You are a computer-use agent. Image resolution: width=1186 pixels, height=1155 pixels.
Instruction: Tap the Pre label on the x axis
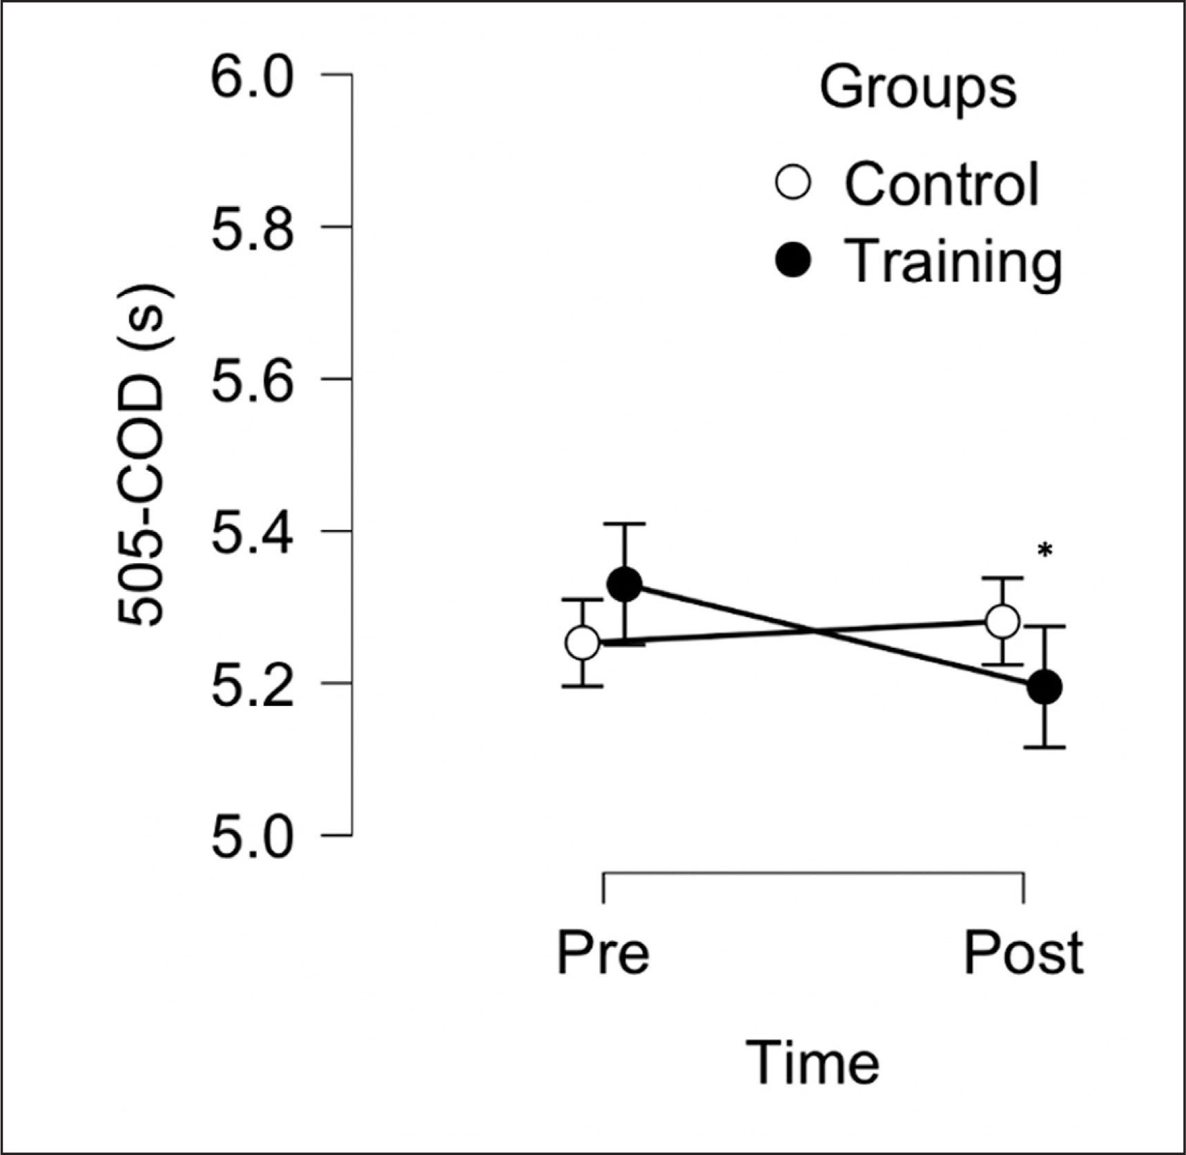pyautogui.click(x=603, y=953)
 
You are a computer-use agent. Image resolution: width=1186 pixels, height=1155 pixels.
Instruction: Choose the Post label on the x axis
pyautogui.click(x=1023, y=953)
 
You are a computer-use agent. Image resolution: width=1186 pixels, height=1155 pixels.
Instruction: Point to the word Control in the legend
pyautogui.click(x=942, y=184)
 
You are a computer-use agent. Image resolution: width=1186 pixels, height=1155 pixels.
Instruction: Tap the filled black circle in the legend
pyautogui.click(x=793, y=261)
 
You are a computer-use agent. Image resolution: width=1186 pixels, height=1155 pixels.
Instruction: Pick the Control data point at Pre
pyautogui.click(x=583, y=643)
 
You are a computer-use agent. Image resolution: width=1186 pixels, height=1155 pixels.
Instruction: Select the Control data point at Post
pyautogui.click(x=1002, y=622)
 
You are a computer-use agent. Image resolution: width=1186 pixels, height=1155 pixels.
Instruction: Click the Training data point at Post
pyautogui.click(x=1044, y=687)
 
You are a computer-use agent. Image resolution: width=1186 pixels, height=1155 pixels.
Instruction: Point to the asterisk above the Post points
pyautogui.click(x=1045, y=551)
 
